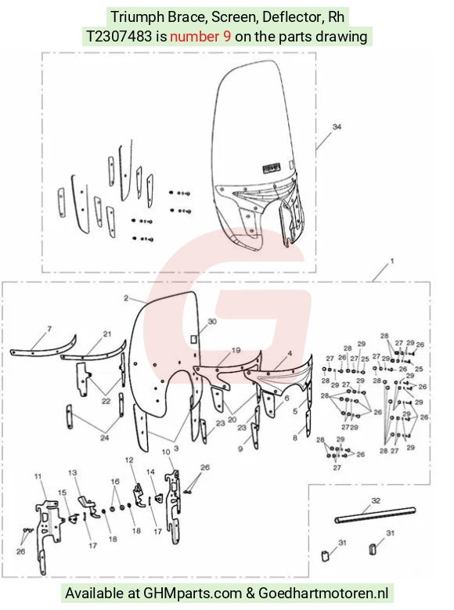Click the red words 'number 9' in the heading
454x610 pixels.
200,37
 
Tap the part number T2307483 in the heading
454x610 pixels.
119,37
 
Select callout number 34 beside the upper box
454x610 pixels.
337,127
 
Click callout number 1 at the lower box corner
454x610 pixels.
391,261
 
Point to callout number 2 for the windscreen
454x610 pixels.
126,298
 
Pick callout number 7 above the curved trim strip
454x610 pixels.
49,329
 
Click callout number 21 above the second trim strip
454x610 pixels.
107,334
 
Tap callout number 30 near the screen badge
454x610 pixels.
212,322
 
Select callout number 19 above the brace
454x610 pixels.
236,351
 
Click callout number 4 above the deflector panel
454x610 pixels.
290,353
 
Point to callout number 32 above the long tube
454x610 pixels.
376,500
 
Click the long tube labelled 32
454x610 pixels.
375,515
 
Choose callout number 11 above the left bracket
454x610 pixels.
38,476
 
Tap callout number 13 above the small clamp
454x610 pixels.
72,473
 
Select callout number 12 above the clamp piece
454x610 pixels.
129,460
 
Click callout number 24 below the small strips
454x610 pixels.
105,438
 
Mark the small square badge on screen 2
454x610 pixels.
194,339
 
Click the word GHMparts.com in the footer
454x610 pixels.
193,594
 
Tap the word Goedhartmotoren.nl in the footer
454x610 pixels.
323,594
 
